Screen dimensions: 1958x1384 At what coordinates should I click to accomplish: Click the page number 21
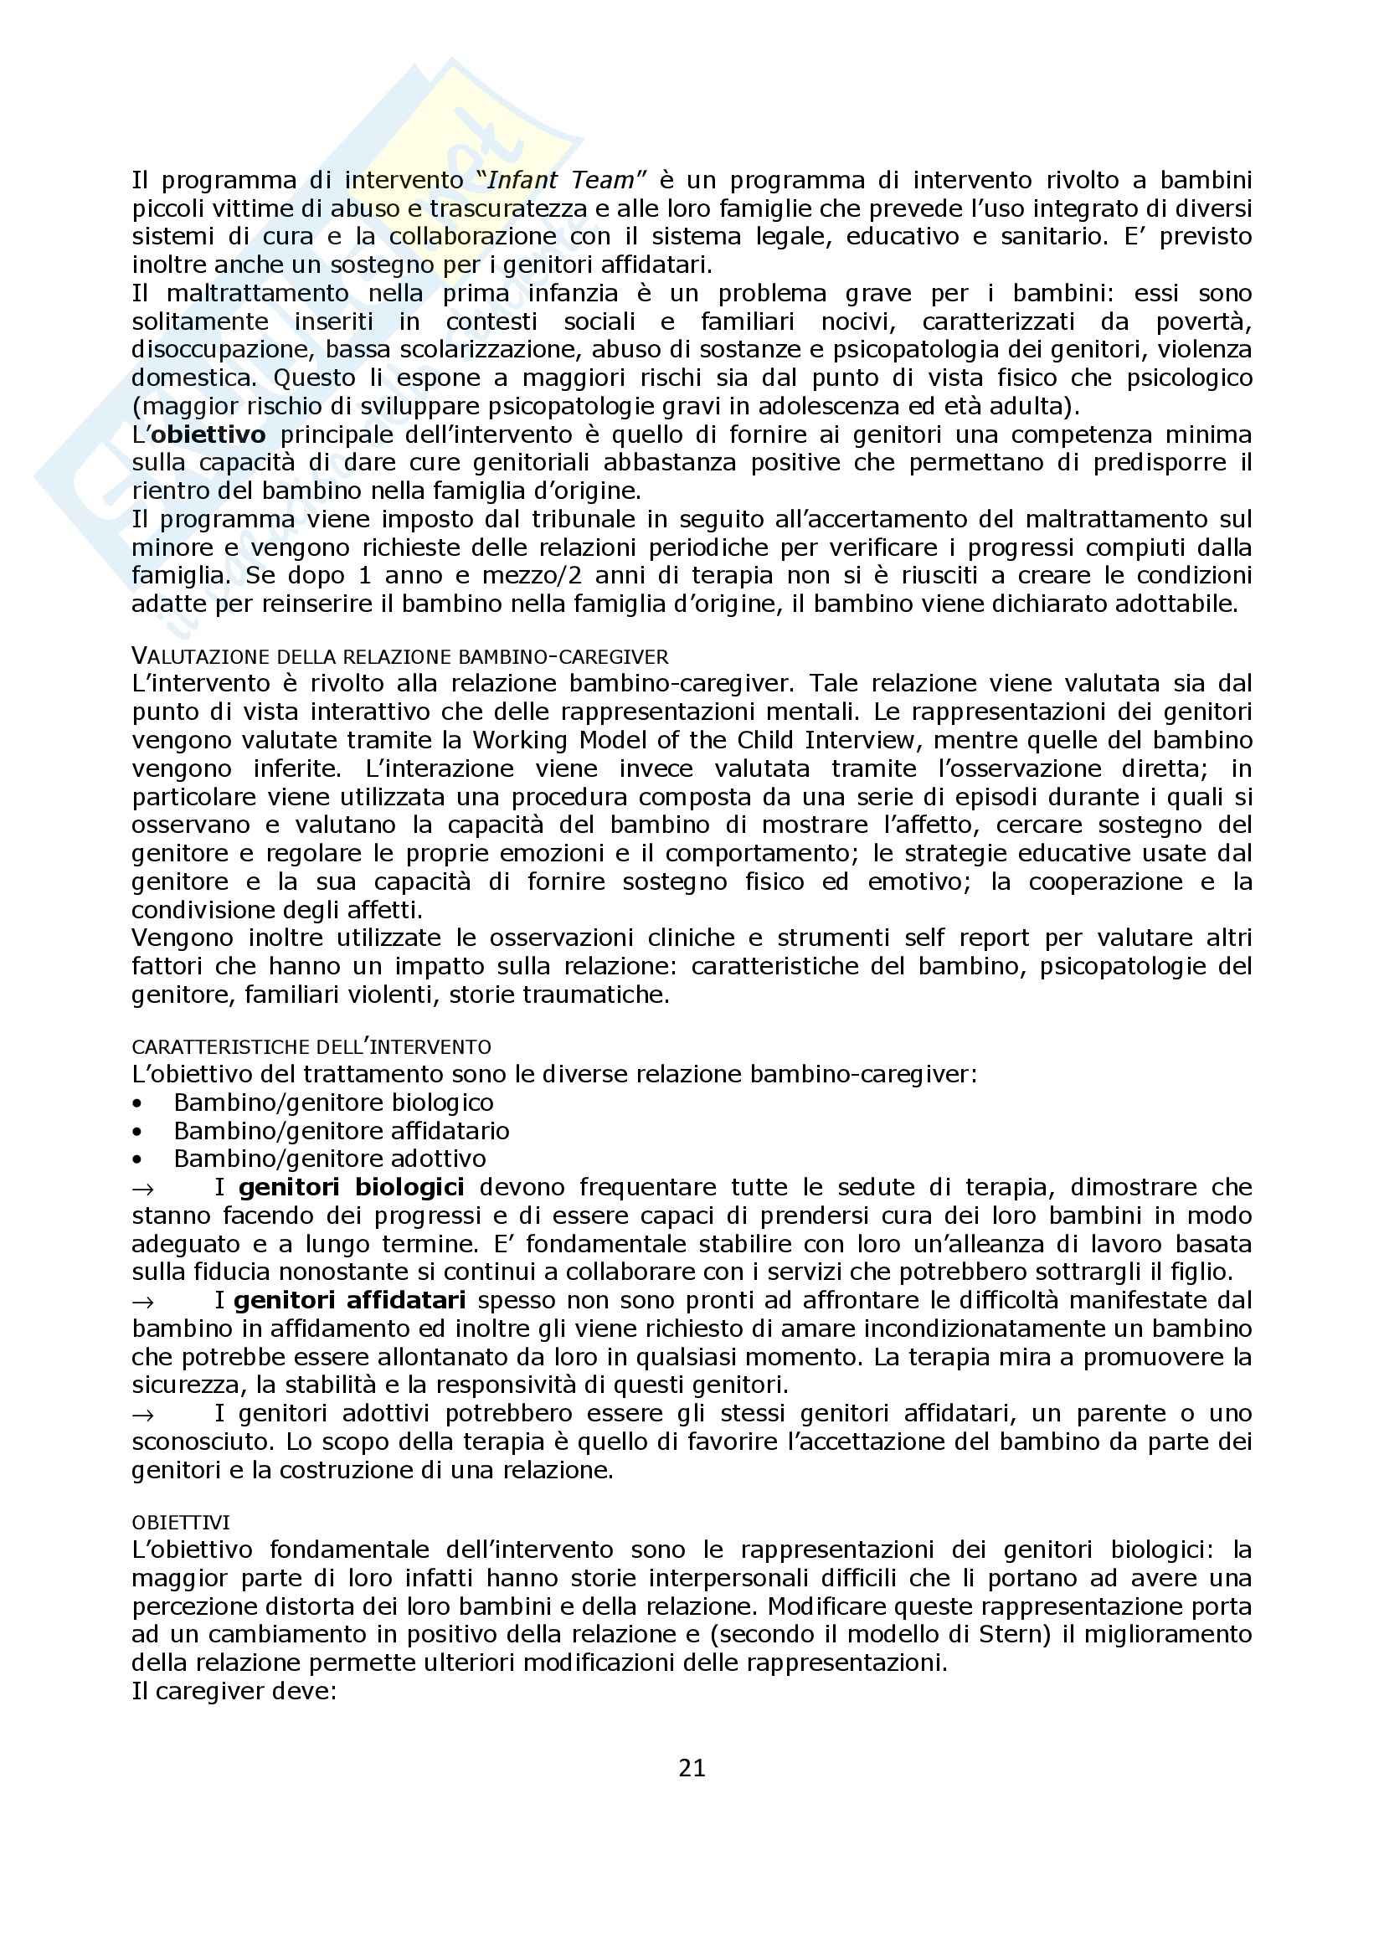click(x=692, y=1769)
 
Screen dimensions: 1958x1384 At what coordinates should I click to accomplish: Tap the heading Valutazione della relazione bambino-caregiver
click(x=400, y=655)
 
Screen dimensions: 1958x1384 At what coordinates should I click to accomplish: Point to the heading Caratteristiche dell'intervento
click(x=311, y=1046)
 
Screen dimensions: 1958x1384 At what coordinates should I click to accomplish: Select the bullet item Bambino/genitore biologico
click(x=333, y=1102)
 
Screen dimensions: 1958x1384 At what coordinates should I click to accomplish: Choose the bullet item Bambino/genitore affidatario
click(x=341, y=1131)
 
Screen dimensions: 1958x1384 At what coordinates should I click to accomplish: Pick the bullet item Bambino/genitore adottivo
click(x=330, y=1159)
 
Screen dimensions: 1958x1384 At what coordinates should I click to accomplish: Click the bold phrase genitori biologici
click(x=352, y=1187)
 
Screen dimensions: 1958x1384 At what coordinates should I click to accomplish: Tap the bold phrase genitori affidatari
click(x=350, y=1301)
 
